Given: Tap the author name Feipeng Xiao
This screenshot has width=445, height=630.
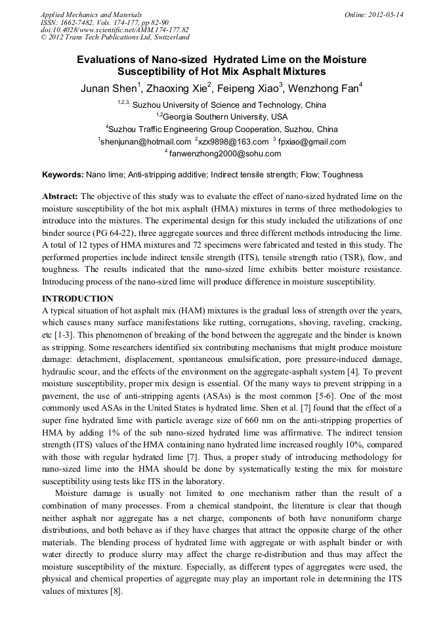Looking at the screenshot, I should click(x=250, y=89).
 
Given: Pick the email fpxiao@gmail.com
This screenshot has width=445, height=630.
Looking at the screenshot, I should click(x=312, y=142).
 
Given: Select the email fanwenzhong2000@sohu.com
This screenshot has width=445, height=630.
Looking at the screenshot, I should click(x=224, y=154).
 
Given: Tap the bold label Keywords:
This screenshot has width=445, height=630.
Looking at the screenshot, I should click(x=63, y=175).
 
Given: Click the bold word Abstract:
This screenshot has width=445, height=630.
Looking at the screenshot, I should click(x=60, y=196).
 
